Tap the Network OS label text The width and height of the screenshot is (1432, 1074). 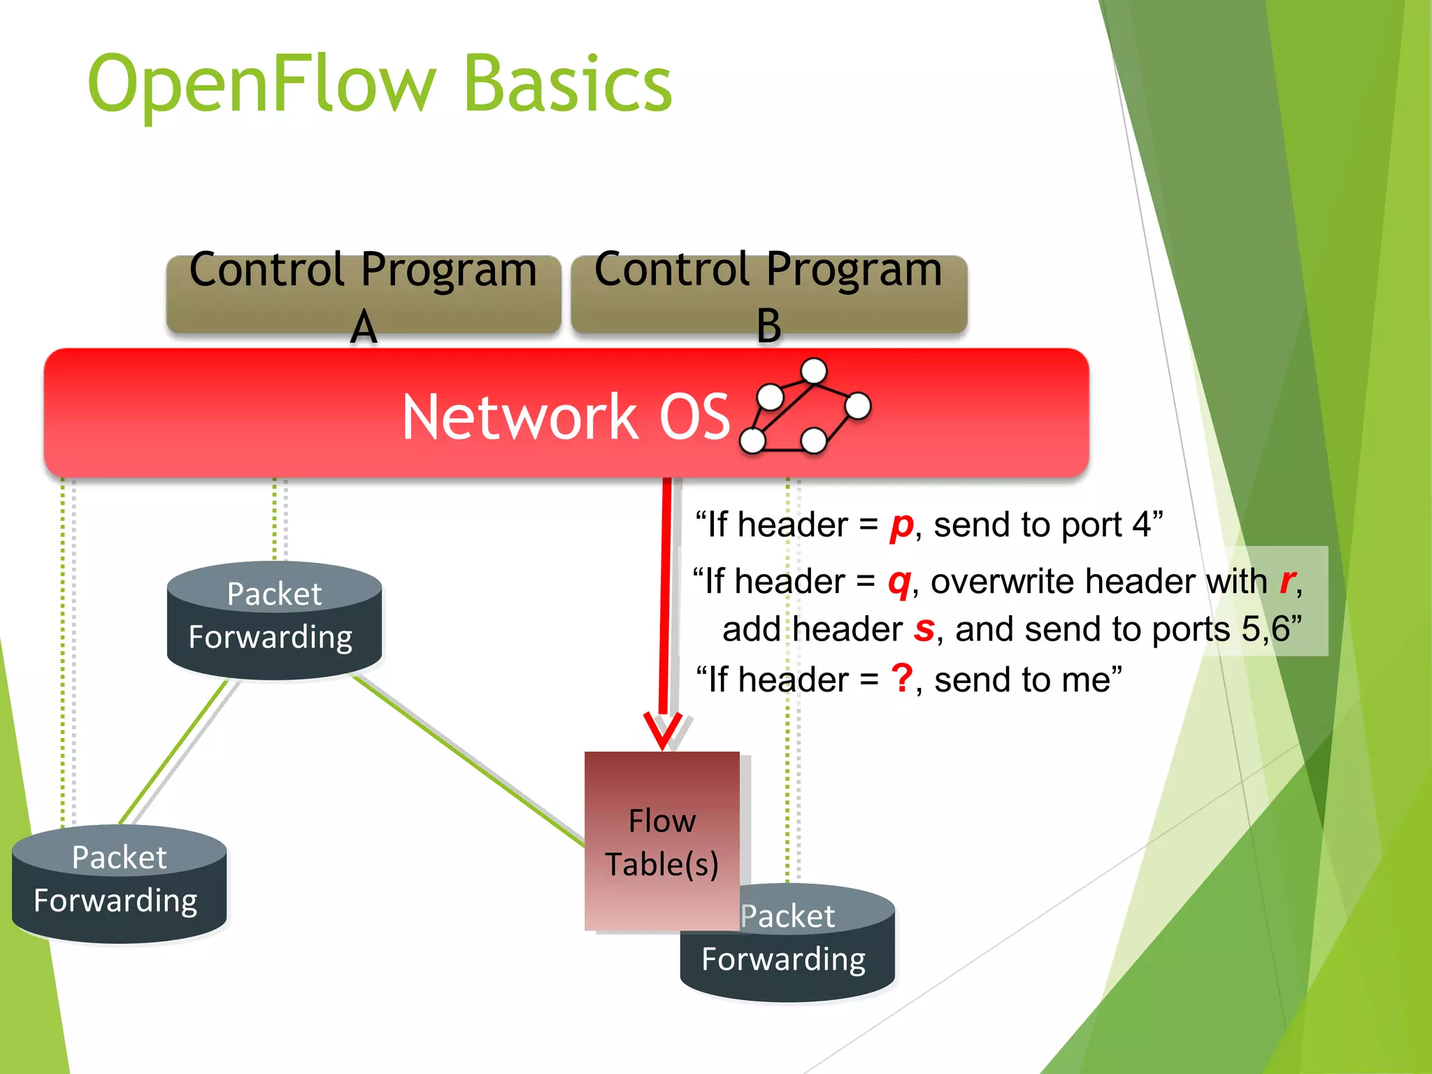[x=566, y=417]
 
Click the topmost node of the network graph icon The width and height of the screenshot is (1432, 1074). [x=813, y=371]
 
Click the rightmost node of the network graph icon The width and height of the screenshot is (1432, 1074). [x=857, y=406]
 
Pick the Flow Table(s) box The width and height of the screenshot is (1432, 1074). [x=661, y=841]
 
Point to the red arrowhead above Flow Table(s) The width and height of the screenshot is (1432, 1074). [x=662, y=731]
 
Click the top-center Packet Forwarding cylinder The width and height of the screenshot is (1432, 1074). [x=274, y=620]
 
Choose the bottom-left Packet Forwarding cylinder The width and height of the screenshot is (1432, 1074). [x=119, y=882]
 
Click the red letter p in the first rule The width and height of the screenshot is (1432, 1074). [x=901, y=526]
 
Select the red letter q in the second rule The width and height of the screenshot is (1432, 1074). [x=899, y=582]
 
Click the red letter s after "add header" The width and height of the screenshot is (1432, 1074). [x=924, y=629]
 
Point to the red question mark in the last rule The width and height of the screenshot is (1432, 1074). [x=902, y=679]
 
